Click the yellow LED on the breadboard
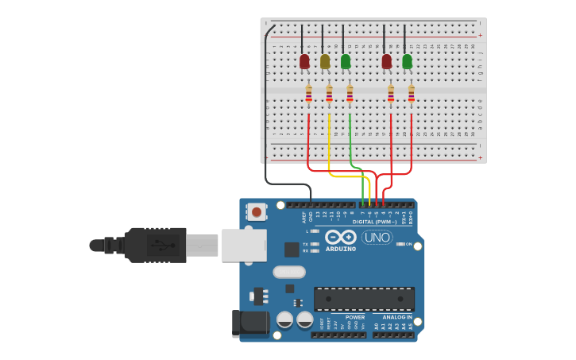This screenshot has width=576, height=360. [324, 61]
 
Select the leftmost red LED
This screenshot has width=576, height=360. [304, 61]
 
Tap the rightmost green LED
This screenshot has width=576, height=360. [407, 61]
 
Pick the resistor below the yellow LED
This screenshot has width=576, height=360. [329, 95]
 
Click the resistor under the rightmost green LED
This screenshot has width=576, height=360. [411, 95]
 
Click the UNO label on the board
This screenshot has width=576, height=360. [377, 237]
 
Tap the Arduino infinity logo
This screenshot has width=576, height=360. [340, 237]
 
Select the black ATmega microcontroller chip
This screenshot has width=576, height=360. [364, 299]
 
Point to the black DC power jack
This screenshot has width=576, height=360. [247, 322]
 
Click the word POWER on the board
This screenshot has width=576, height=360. [355, 317]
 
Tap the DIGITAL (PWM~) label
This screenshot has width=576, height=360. [374, 222]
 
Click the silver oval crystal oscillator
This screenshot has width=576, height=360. [289, 272]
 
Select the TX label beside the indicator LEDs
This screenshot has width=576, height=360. [305, 244]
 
